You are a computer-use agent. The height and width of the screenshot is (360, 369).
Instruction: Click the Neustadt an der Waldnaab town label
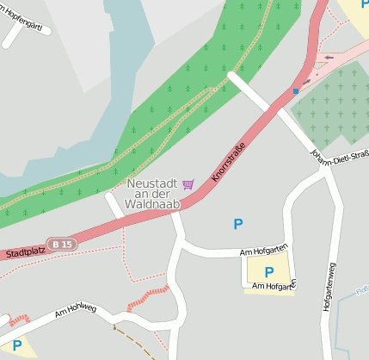[x=153, y=195]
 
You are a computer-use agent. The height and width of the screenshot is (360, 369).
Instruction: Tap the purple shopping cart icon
[x=188, y=183]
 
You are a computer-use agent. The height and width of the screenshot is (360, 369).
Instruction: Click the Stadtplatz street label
[x=23, y=252]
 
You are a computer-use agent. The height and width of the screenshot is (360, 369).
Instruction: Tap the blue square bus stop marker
[x=296, y=90]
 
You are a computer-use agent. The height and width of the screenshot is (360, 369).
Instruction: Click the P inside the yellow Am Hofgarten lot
[x=268, y=272]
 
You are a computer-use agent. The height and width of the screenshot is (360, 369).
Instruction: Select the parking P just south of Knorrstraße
[x=238, y=224]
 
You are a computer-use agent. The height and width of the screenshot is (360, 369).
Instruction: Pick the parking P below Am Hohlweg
[x=16, y=345]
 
